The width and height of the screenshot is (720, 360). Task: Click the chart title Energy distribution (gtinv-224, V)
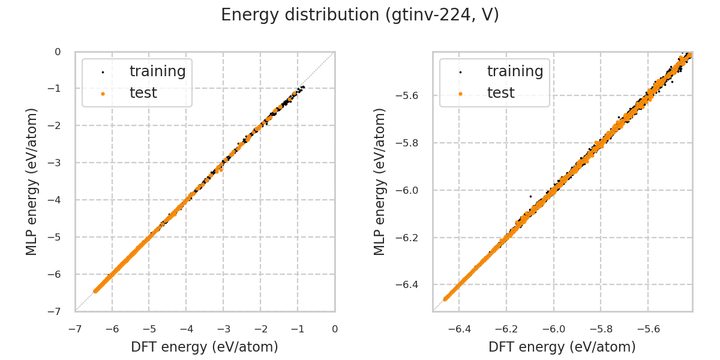[360, 15]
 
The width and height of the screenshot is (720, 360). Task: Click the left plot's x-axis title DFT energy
[205, 347]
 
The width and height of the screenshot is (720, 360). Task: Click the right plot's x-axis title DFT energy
[562, 347]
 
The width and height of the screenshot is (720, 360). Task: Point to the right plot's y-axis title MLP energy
[380, 181]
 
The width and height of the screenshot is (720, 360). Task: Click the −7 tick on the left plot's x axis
[75, 329]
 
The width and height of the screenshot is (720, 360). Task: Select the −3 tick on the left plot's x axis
[223, 329]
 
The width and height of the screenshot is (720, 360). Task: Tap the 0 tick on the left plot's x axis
[335, 329]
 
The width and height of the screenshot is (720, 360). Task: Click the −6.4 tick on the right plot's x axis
[458, 329]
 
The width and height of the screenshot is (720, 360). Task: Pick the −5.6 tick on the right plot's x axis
[647, 329]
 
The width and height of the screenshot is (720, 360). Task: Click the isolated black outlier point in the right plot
[530, 196]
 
